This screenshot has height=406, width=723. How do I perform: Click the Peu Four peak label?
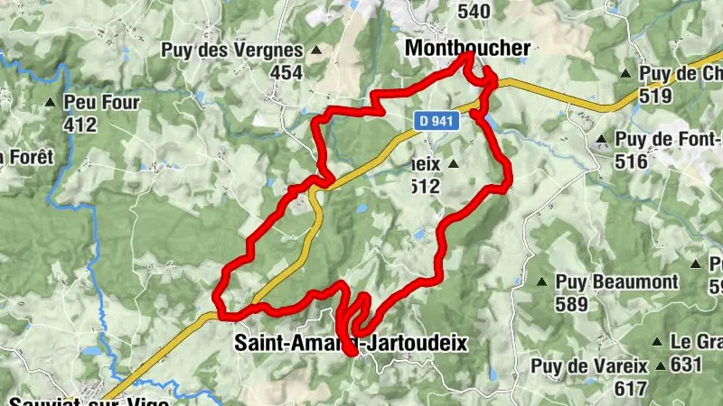(x=101, y=103)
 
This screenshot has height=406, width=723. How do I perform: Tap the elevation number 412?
(x=80, y=125)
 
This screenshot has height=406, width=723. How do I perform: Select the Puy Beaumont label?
(x=616, y=281)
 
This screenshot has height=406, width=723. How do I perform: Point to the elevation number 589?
(x=572, y=305)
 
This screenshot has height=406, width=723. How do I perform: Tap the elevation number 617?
(x=628, y=389)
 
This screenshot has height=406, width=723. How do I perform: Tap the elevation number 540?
(x=474, y=11)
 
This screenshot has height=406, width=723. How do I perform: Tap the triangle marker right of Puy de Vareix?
(x=662, y=366)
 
